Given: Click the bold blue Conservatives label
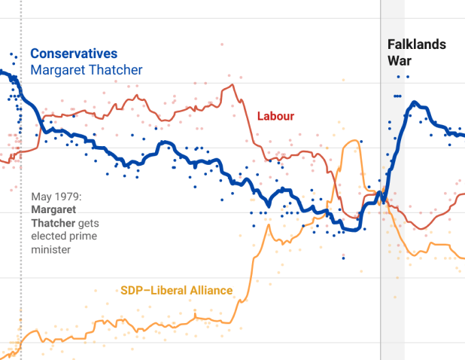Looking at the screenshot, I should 73,54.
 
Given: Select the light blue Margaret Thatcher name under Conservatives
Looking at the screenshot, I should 86,70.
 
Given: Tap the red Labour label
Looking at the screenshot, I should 275,116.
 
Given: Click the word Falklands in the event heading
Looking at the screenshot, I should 416,44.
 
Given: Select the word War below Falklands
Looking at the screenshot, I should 399,61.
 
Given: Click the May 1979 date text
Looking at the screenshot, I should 56,197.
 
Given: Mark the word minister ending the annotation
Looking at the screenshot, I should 50,249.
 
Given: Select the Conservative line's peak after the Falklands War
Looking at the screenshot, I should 416,104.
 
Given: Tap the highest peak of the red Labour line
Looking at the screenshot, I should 223,84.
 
